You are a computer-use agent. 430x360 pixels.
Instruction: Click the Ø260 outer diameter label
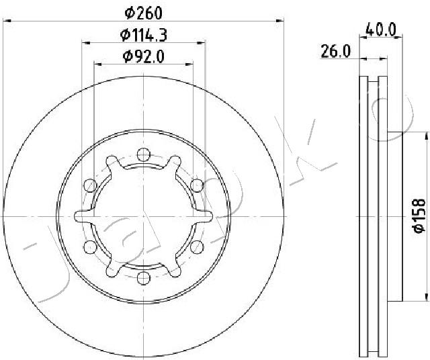click(x=143, y=13)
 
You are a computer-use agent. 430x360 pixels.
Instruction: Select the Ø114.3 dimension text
click(x=144, y=36)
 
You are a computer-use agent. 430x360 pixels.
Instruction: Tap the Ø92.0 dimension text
click(x=144, y=57)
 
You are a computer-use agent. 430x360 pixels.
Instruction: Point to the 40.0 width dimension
click(x=381, y=30)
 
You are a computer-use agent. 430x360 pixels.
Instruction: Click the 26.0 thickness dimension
click(x=336, y=52)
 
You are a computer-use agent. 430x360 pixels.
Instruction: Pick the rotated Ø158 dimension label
click(x=419, y=216)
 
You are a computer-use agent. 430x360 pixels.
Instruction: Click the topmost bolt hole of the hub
click(x=143, y=154)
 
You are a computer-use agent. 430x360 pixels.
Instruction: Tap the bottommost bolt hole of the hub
click(x=143, y=278)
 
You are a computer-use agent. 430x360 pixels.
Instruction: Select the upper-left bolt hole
click(x=90, y=185)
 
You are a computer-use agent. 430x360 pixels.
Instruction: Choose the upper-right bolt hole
click(x=197, y=185)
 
